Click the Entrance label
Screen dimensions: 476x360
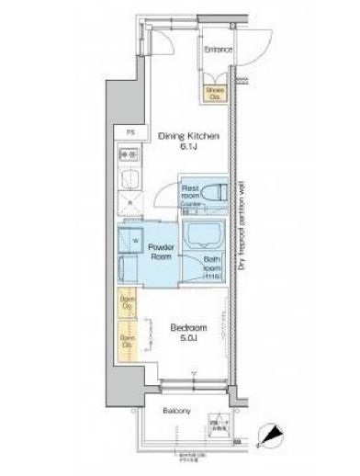click(x=218, y=50)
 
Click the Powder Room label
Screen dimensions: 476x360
click(x=162, y=254)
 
